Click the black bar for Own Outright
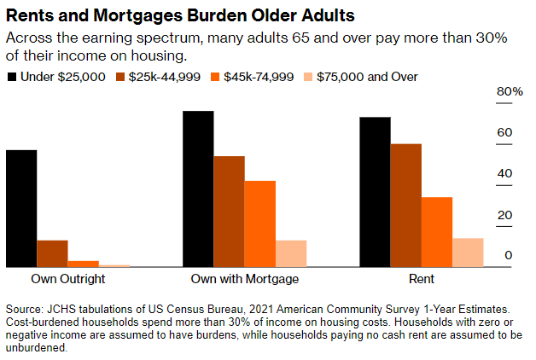click(21, 208)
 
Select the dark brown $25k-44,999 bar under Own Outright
click(52, 253)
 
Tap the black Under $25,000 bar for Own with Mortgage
click(198, 189)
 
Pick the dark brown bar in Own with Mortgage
click(229, 212)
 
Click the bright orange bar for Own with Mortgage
click(260, 224)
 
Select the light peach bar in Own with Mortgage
click(291, 253)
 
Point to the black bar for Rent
click(375, 192)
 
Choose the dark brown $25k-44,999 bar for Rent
click(405, 206)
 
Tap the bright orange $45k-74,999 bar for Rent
click(437, 232)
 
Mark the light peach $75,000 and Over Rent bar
click(468, 252)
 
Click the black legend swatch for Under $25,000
click(12, 77)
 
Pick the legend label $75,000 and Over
click(367, 77)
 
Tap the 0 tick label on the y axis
click(508, 255)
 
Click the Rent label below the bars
click(421, 279)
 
